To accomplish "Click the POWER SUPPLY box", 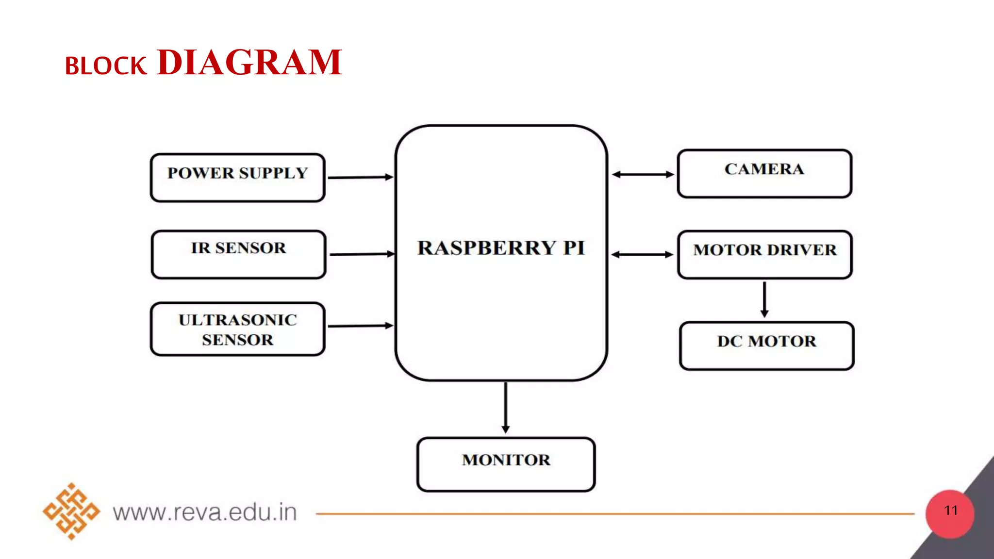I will [x=237, y=178].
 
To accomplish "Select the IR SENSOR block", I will [x=238, y=254].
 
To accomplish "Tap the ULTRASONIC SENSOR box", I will [x=237, y=329].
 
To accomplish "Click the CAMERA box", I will [x=764, y=174].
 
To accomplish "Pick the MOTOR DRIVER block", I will [x=765, y=254].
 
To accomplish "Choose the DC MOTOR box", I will [x=767, y=345].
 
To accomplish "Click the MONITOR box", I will [x=506, y=464].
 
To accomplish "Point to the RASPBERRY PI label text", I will [x=501, y=248].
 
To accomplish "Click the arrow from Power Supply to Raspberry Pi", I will [x=360, y=177].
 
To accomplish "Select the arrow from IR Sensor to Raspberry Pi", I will [x=362, y=254].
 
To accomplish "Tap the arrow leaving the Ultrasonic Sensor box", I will [x=360, y=326].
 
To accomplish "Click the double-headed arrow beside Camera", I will [x=643, y=174].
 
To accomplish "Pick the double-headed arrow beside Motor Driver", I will [x=642, y=254].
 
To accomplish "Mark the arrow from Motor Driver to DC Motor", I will [x=764, y=299].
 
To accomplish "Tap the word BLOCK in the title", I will [x=105, y=66].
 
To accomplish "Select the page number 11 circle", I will [x=950, y=514].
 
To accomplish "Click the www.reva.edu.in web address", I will [x=204, y=512].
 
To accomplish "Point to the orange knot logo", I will [x=71, y=511].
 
